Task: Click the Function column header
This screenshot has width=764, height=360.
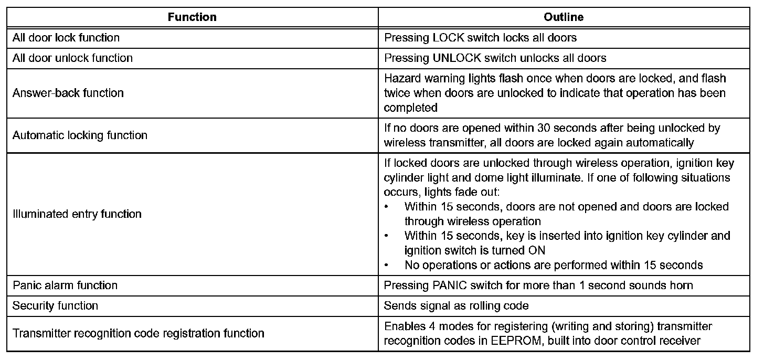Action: tap(192, 17)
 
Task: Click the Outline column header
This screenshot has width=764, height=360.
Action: tap(564, 17)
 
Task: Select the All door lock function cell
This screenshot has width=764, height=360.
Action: tap(66, 38)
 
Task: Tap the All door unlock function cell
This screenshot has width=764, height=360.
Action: tap(72, 58)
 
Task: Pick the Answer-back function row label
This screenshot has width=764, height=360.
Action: tap(68, 93)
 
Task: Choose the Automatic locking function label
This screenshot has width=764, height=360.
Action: tap(80, 135)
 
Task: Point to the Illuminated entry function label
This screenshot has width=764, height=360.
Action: tap(77, 214)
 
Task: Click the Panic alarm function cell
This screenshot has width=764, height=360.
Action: tap(65, 285)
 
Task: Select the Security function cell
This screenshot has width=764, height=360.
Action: tap(55, 305)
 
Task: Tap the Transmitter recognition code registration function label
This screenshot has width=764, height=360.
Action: tap(139, 333)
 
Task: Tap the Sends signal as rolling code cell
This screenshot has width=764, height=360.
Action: tap(456, 305)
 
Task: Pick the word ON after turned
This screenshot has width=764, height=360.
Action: tap(537, 250)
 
